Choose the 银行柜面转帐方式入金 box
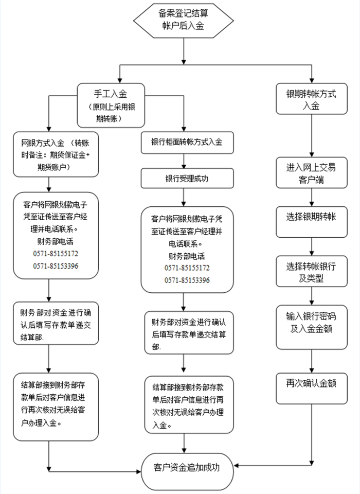(187, 143)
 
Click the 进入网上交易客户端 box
(311, 174)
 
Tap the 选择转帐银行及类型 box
(311, 272)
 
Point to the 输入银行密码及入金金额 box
(311, 322)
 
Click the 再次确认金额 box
(311, 383)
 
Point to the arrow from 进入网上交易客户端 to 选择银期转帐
(311, 198)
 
